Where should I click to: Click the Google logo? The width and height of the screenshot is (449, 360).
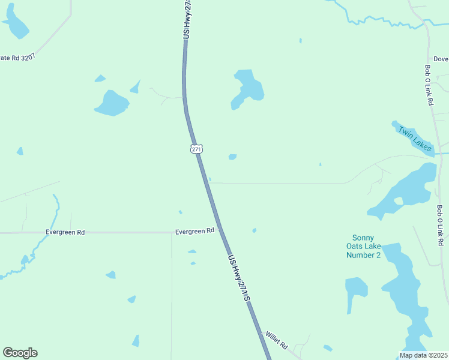pyautogui.click(x=20, y=353)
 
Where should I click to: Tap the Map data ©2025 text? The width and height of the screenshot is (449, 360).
pyautogui.click(x=423, y=355)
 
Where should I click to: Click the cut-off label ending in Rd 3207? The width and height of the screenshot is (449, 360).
pyautogui.click(x=17, y=58)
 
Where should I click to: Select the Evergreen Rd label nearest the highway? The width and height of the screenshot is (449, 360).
pyautogui.click(x=194, y=231)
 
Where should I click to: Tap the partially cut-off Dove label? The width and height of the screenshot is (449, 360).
pyautogui.click(x=441, y=59)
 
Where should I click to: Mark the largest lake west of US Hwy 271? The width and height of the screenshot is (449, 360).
pyautogui.click(x=112, y=103)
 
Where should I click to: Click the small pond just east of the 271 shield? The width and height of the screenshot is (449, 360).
pyautogui.click(x=232, y=157)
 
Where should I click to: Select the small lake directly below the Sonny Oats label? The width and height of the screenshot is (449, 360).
pyautogui.click(x=356, y=289)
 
